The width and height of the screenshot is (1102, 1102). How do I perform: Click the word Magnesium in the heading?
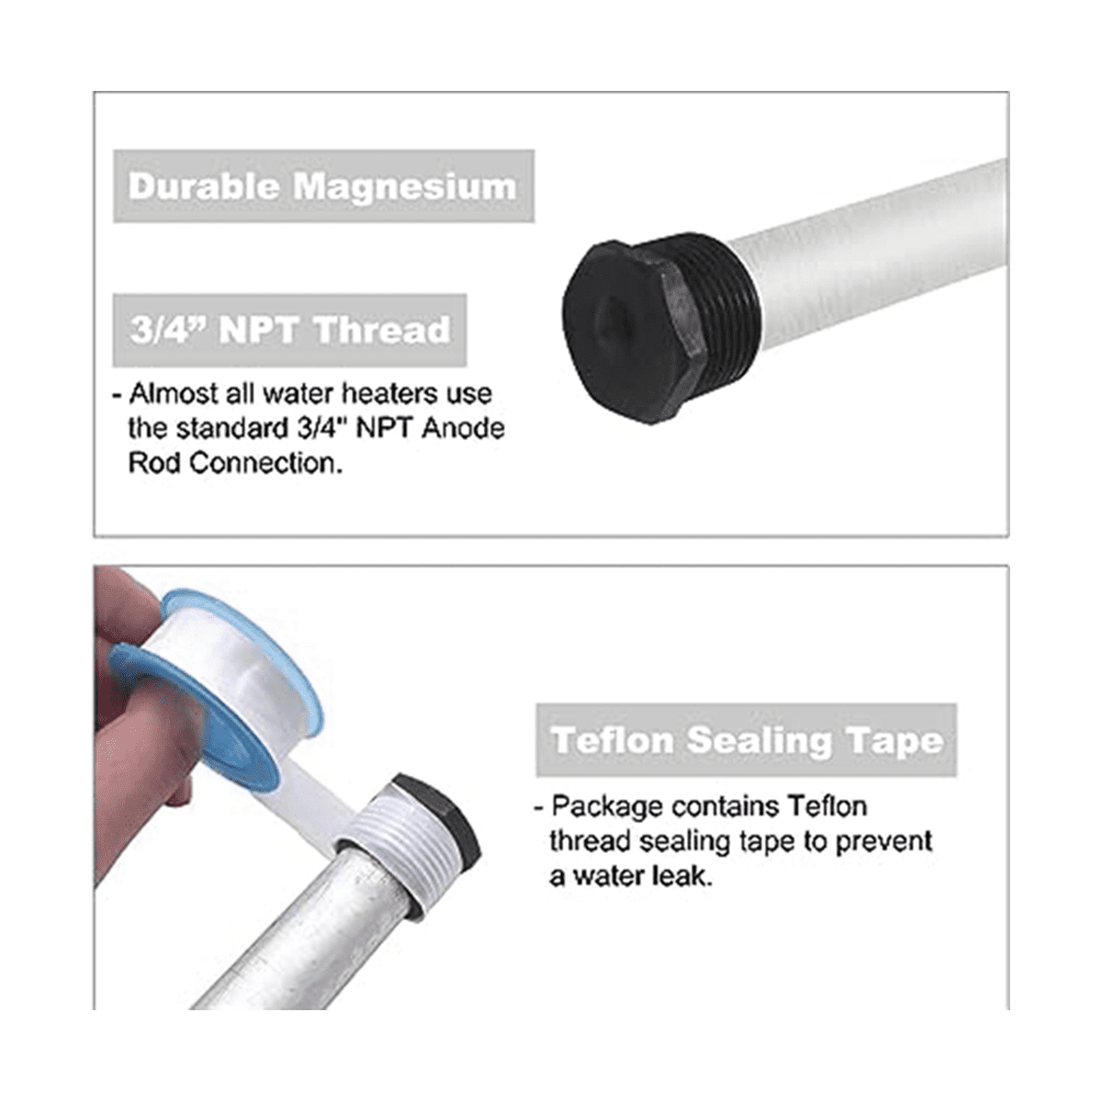tap(405, 187)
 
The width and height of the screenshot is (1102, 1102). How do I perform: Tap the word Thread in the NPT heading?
tap(383, 330)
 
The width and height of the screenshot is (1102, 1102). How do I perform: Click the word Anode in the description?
tap(463, 428)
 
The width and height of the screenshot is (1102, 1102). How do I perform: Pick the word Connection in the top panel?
tap(265, 463)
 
